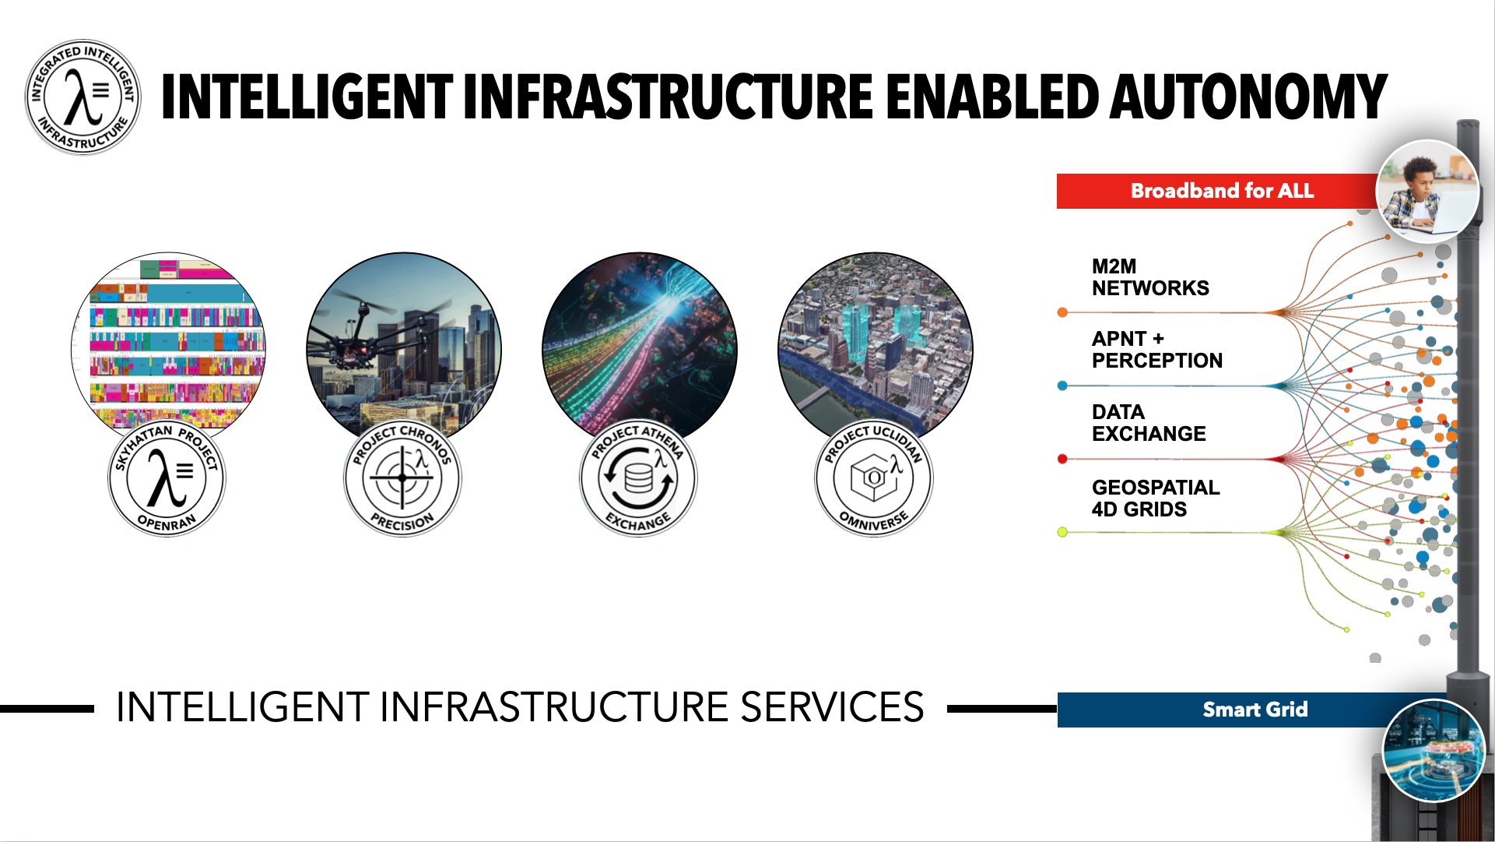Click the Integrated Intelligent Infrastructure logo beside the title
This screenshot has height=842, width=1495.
pos(83,97)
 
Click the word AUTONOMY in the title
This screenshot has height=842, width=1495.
pos(1248,97)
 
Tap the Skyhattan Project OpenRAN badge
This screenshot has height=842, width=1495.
pos(167,477)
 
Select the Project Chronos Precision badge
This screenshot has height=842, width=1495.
pos(402,477)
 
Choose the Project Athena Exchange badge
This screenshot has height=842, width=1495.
pos(638,477)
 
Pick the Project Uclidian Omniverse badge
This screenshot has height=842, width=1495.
pos(874,477)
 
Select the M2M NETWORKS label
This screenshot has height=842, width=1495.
pos(1150,277)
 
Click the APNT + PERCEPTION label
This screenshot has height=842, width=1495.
pos(1156,350)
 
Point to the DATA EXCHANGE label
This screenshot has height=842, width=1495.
pos(1149,423)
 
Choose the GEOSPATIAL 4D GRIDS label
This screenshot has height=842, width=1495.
pos(1156,499)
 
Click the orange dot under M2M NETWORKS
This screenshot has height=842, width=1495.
pos(1062,312)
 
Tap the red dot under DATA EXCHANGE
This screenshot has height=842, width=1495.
pos(1062,459)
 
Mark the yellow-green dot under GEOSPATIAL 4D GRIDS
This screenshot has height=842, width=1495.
pos(1062,532)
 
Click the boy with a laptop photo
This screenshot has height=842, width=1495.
pos(1428,192)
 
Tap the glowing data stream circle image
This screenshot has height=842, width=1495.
pos(639,347)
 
